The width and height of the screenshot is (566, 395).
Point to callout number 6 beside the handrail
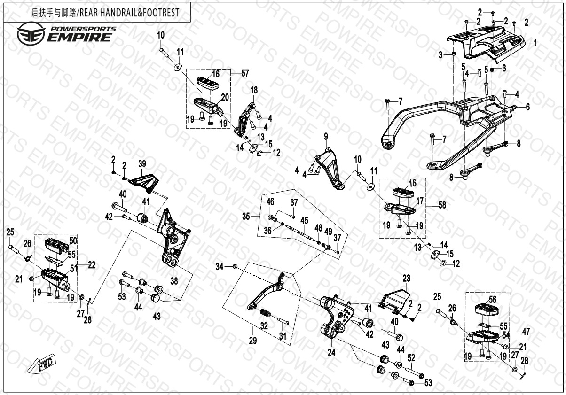527,107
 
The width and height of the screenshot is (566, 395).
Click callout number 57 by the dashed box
244,73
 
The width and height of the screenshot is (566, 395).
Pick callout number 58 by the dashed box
441,205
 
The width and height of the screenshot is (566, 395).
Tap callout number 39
142,164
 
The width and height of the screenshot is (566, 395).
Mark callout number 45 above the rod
305,220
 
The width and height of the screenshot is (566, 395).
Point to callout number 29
253,341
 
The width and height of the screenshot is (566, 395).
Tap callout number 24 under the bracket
331,351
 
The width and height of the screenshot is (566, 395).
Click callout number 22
92,265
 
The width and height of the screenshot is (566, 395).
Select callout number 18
254,90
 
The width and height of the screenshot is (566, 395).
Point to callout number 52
411,358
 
